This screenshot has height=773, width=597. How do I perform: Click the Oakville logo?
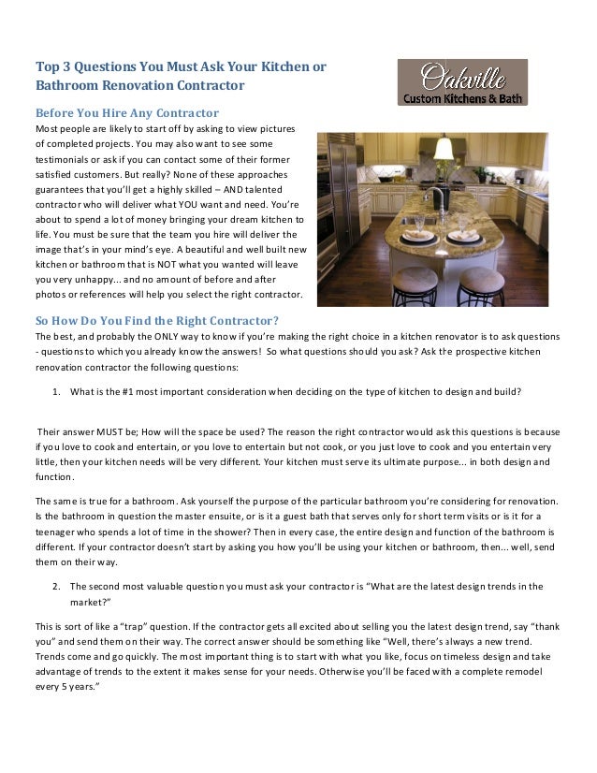pos(462,82)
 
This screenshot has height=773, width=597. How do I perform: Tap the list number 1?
pos(57,393)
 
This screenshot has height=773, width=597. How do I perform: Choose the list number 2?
pos(57,587)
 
